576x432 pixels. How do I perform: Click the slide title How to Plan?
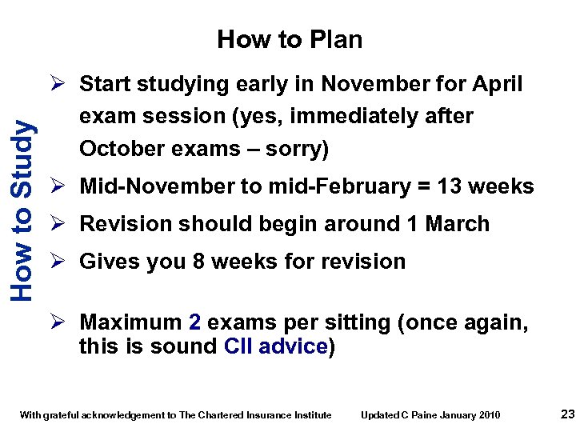click(290, 39)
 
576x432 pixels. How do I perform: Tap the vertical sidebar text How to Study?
click(23, 210)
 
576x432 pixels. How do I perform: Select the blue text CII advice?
click(276, 346)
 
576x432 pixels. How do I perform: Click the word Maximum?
click(131, 322)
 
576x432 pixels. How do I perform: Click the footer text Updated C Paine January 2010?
click(430, 414)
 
